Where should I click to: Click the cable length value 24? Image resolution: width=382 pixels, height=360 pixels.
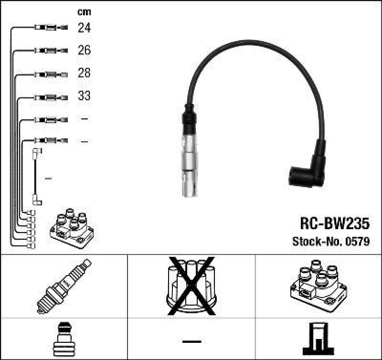coord(84,28)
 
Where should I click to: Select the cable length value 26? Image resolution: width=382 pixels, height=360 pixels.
coord(84,50)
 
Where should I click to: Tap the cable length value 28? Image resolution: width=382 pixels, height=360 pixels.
coord(84,73)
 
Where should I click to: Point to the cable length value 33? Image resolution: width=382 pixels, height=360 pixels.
coord(84,96)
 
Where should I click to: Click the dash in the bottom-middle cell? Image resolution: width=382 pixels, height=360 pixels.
coord(191,341)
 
